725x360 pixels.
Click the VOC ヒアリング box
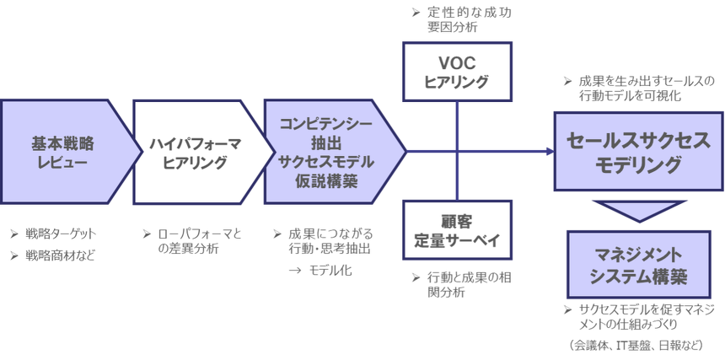(456, 73)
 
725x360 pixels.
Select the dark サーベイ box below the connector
(456, 232)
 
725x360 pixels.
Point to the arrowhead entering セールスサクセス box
(547, 153)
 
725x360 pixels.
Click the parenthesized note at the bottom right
(636, 345)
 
